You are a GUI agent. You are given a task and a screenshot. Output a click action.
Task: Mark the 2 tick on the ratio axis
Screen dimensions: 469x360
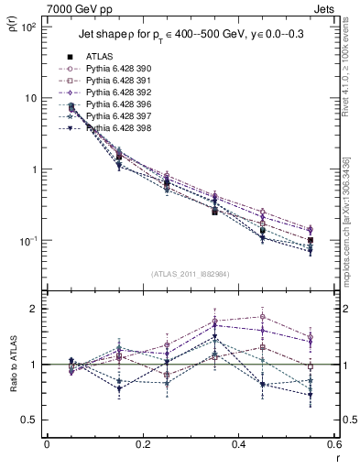coord(36,309)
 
